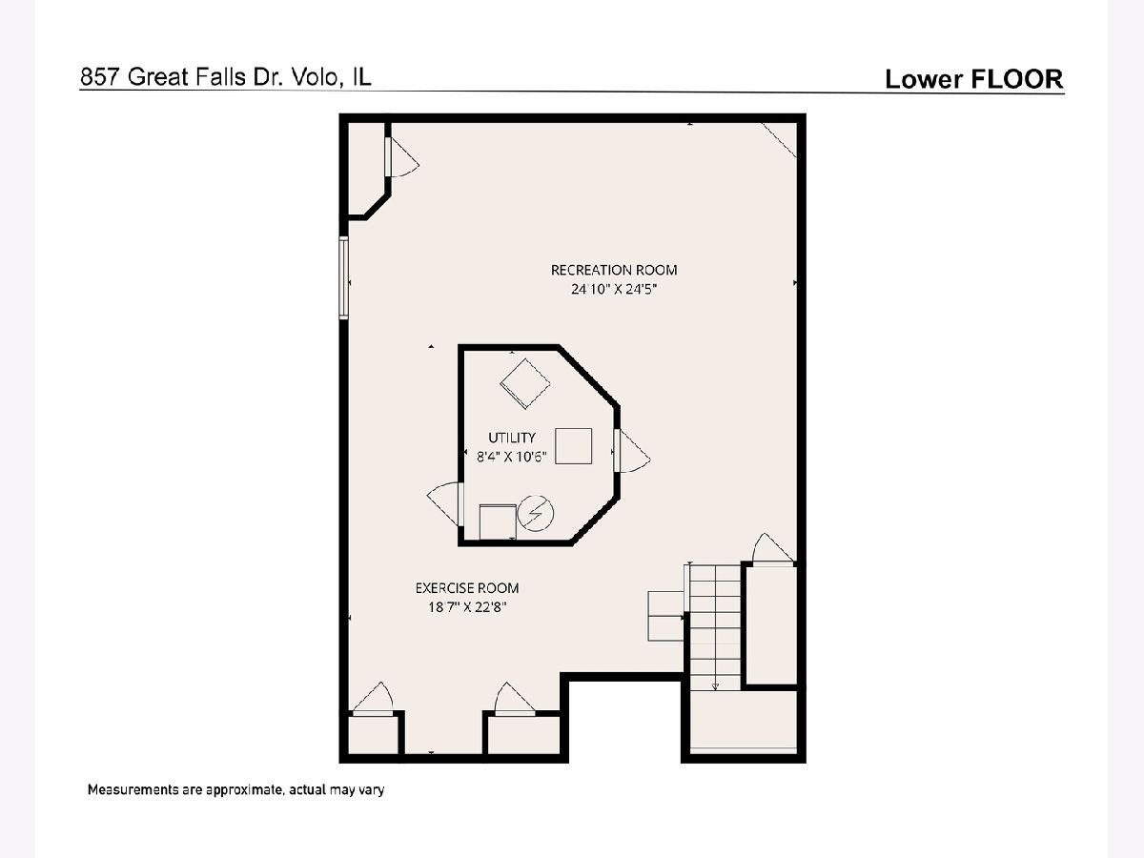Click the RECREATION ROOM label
(x=614, y=271)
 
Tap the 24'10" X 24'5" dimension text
(x=613, y=289)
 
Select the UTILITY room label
(x=512, y=438)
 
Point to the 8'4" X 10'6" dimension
(x=512, y=457)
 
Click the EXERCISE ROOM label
(x=467, y=588)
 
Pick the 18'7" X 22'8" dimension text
(x=467, y=607)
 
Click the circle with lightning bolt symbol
(x=536, y=513)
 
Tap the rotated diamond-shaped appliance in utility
(x=525, y=384)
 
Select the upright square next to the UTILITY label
(x=573, y=446)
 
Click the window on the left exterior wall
(x=343, y=277)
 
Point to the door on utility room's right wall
(x=632, y=451)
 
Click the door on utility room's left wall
(x=445, y=503)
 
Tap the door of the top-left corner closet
(x=402, y=156)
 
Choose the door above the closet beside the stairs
(x=773, y=548)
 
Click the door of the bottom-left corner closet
(x=373, y=699)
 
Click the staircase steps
(x=715, y=628)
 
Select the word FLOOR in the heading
(x=1016, y=79)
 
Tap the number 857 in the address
(x=101, y=77)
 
